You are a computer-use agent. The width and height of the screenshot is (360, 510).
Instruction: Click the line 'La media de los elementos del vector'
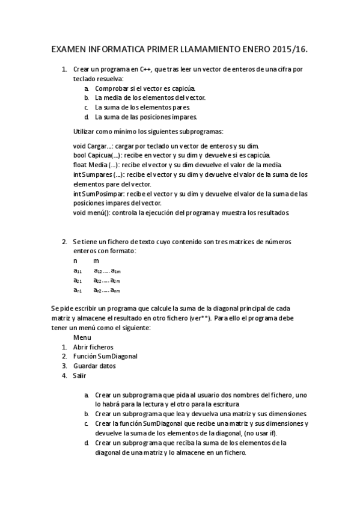click(x=150, y=97)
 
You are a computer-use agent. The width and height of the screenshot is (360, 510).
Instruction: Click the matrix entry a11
click(x=78, y=271)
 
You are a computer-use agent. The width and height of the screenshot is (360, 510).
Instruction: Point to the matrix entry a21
click(x=78, y=281)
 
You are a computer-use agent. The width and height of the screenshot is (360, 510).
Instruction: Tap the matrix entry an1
click(x=78, y=290)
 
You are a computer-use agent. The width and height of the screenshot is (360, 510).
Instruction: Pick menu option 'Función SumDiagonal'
click(x=105, y=356)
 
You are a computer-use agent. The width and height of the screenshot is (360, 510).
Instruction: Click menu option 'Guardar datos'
click(x=94, y=366)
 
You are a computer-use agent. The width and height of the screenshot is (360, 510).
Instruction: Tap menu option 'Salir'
click(x=79, y=375)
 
